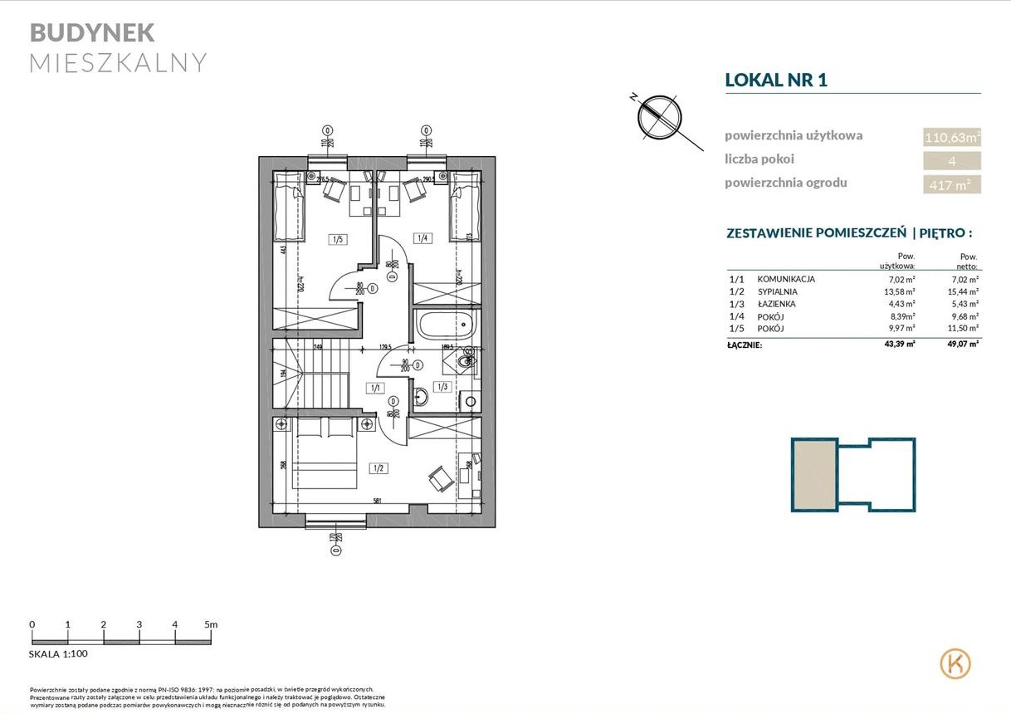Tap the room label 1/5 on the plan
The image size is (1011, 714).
tap(338, 240)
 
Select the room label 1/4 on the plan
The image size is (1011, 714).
tap(422, 239)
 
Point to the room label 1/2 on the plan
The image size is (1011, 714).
tap(379, 468)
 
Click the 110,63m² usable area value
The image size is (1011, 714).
tap(952, 137)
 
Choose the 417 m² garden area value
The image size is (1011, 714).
tap(952, 185)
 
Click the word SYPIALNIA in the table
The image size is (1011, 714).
tap(777, 292)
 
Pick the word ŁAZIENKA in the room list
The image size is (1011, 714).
tap(776, 305)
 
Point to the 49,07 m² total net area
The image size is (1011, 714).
tap(962, 344)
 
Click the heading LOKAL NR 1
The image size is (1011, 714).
tap(776, 80)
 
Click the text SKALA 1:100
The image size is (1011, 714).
tap(58, 654)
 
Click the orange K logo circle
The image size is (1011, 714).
tap(955, 663)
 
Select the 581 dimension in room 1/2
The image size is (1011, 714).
tap(378, 501)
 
